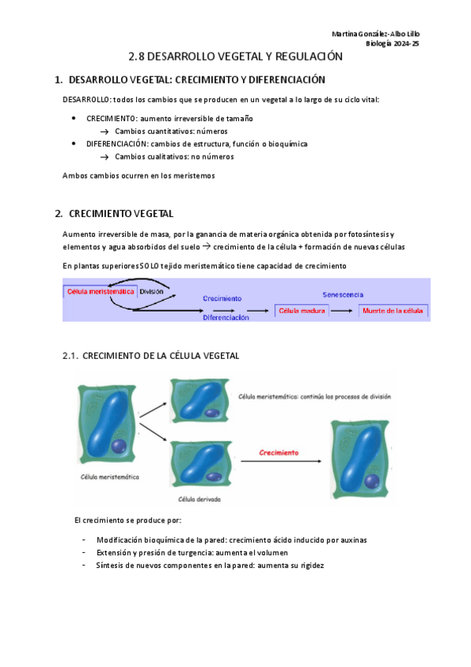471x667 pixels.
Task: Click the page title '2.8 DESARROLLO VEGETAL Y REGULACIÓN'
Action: point(236,57)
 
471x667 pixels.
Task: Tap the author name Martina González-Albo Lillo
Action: point(376,34)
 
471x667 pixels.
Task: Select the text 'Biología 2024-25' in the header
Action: point(392,43)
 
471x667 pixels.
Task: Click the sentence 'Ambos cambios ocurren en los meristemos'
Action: point(138,175)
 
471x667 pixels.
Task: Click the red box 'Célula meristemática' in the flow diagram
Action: point(101,291)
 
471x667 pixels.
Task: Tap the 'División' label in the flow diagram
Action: point(152,291)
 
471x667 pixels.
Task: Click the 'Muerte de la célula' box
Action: point(393,311)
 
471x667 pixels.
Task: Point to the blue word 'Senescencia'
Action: point(343,294)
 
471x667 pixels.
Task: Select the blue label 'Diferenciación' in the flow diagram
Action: point(226,318)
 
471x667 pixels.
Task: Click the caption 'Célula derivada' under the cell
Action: point(199,499)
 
